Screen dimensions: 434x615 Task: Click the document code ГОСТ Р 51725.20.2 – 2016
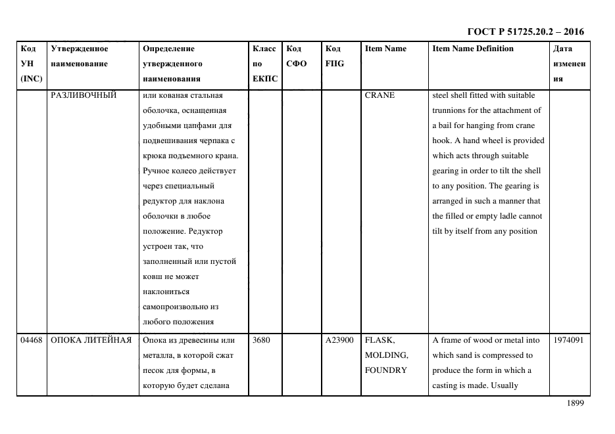(x=525, y=32)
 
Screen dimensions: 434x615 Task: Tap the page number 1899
(x=575, y=404)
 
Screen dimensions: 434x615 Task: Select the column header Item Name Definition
(x=473, y=49)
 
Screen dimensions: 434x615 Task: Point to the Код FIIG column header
(x=334, y=56)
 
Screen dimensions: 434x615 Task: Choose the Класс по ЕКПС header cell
(x=264, y=64)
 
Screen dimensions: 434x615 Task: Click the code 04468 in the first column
(x=32, y=340)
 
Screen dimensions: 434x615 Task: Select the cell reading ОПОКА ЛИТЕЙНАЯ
(x=91, y=340)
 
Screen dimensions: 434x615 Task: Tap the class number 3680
(x=261, y=340)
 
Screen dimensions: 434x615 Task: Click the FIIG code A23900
(x=339, y=340)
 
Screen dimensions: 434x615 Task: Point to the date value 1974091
(x=568, y=340)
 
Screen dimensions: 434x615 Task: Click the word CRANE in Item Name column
(x=380, y=95)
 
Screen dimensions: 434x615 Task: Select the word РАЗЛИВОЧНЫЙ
(x=84, y=95)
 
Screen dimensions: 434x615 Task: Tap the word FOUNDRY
(x=385, y=370)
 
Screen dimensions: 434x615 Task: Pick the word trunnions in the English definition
(x=450, y=110)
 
